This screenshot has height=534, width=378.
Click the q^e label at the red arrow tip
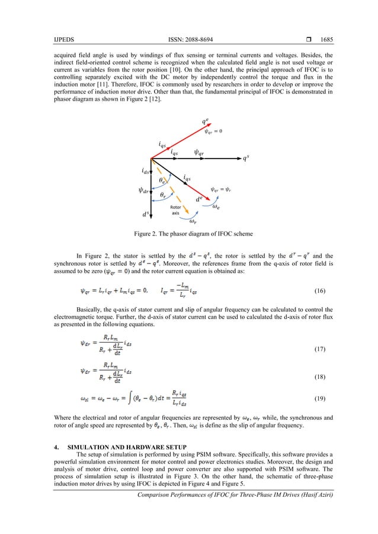pos(204,122)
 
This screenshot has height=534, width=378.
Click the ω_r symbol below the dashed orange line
pos(193,222)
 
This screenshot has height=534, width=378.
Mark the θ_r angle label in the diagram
pos(163,194)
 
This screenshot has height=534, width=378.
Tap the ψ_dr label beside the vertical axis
pos(143,191)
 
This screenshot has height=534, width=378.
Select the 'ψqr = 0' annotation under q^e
pos(213,132)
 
